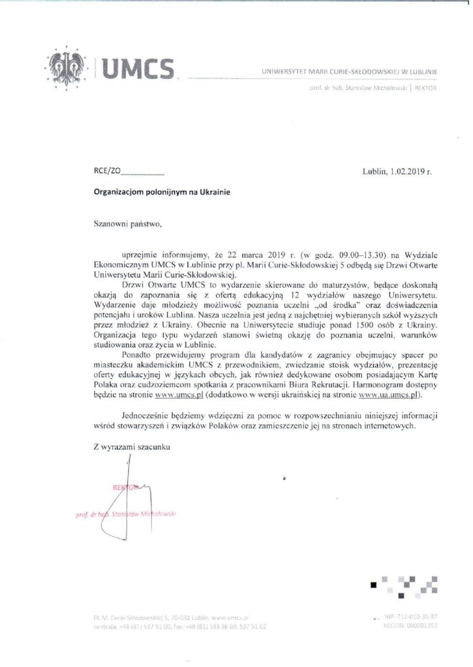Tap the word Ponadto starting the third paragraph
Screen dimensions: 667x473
point(137,354)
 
